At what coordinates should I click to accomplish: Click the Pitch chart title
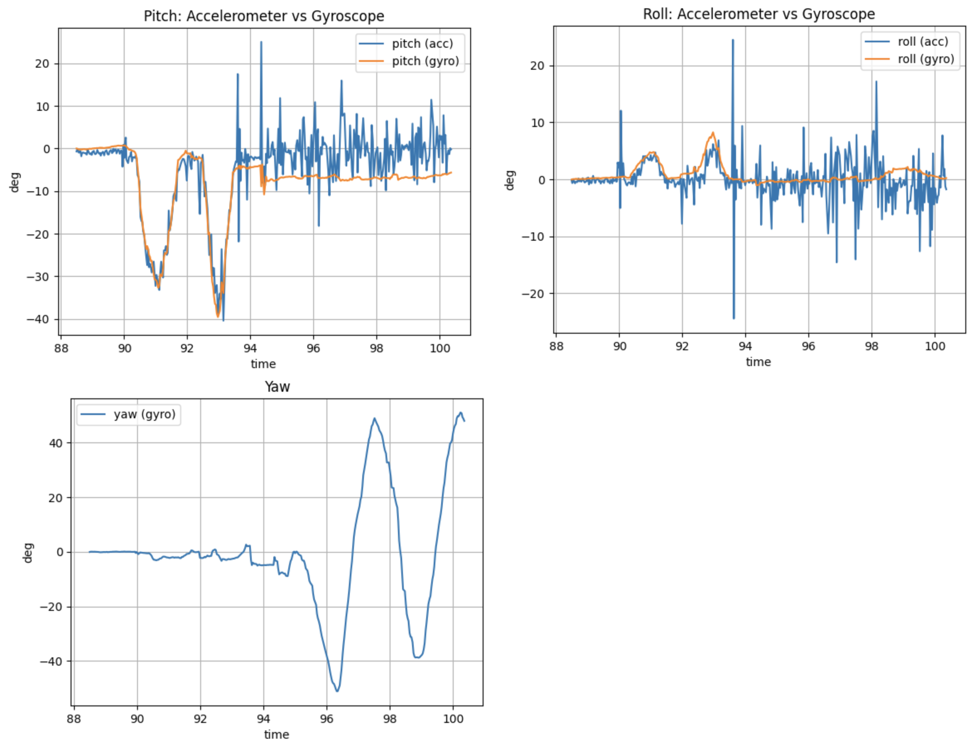pos(264,16)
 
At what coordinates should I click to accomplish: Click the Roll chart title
pos(758,14)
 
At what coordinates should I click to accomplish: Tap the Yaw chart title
pos(277,387)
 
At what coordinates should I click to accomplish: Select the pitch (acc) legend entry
pos(422,44)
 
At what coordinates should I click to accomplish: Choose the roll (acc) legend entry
pos(923,41)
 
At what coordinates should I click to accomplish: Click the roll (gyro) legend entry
pos(925,59)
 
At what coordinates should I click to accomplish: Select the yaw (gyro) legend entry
pos(145,414)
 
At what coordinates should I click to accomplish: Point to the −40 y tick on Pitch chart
pos(38,319)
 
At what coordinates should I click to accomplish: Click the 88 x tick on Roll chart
pos(557,346)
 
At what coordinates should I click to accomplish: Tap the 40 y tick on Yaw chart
pos(56,443)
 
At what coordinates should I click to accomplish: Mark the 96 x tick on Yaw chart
pos(326,719)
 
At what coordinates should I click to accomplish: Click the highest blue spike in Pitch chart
pos(261,42)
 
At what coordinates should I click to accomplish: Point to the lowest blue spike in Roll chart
pos(734,317)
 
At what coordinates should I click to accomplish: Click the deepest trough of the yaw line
pos(337,691)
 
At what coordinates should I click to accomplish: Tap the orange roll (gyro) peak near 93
pos(713,132)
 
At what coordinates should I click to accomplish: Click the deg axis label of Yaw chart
pos(28,552)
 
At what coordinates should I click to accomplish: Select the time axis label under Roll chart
pos(758,362)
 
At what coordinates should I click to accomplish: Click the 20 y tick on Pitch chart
pos(42,64)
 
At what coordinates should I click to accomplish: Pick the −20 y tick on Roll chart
pos(533,294)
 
